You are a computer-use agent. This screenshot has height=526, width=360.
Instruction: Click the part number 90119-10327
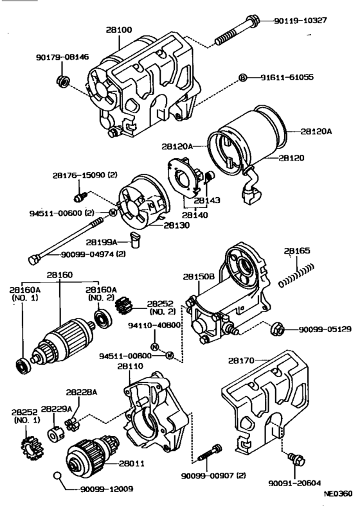(300, 21)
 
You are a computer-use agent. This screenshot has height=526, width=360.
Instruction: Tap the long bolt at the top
(237, 31)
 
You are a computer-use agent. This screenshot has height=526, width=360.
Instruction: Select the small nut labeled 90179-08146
(62, 82)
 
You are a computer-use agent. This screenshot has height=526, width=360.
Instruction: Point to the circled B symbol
(242, 78)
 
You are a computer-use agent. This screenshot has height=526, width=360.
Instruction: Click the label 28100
(119, 30)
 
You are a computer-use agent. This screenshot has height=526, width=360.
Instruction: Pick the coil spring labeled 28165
(296, 276)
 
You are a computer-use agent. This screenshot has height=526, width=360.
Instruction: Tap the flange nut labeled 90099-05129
(277, 328)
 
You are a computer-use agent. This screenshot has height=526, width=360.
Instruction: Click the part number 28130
(177, 225)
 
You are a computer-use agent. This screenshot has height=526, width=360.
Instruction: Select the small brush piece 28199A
(136, 240)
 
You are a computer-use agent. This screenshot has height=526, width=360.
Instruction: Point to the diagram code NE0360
(338, 493)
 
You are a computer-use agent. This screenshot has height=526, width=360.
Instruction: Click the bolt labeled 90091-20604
(296, 459)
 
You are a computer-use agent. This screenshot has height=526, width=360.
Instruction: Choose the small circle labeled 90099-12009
(57, 475)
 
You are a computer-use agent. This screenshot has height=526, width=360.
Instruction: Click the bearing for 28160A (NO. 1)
(24, 366)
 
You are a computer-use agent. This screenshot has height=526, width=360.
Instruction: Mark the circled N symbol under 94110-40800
(154, 347)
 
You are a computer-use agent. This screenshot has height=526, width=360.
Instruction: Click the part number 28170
(241, 360)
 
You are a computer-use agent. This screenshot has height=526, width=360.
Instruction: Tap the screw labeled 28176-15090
(80, 198)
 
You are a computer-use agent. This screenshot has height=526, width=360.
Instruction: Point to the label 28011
(132, 463)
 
